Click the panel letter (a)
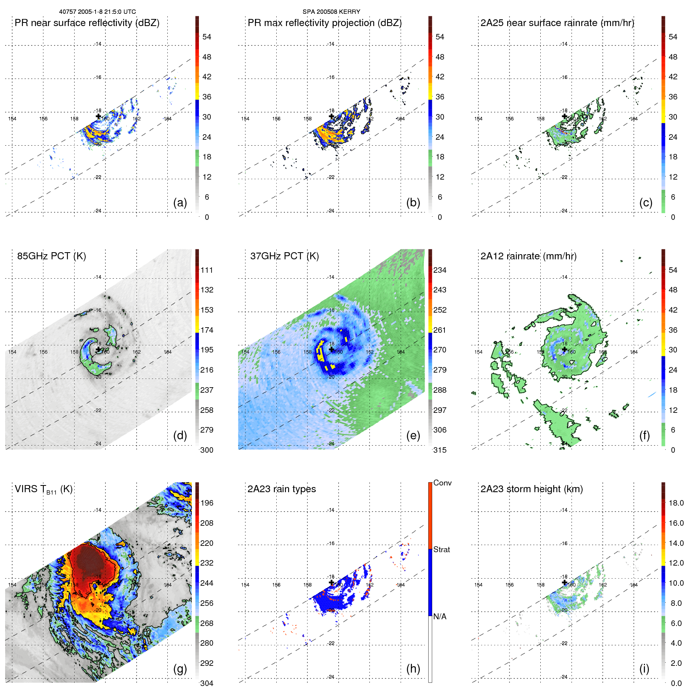pos(180,203)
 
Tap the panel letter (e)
pos(413,436)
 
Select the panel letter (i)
pos(644,669)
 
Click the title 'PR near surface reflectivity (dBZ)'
pos(87,23)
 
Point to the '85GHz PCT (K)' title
pos(51,256)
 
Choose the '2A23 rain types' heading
pos(281,489)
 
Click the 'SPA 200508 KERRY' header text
pos(331,12)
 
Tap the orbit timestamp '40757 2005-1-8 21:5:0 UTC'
pos(97,12)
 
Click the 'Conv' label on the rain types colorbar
pos(442,483)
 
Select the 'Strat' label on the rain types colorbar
pos(442,549)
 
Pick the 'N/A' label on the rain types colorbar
pos(440,617)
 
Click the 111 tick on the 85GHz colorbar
pos(207,270)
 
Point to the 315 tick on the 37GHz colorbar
pos(440,450)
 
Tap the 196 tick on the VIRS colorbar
pos(207,503)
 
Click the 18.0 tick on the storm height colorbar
pos(676,503)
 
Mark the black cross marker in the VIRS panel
pos(98,583)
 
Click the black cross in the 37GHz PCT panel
pos(332,349)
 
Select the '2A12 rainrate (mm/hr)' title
pos(528,256)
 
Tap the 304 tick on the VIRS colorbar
pos(207,683)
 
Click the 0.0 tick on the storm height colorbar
pos(676,683)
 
